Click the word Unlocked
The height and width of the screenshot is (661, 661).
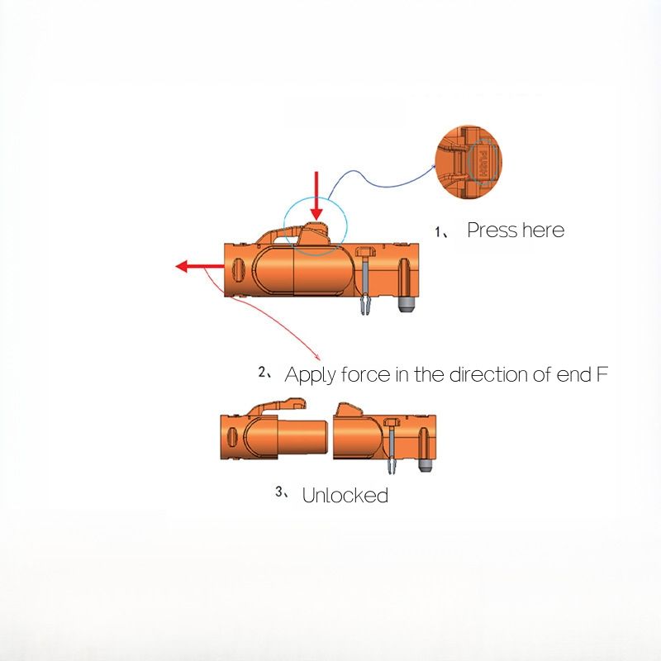(x=345, y=496)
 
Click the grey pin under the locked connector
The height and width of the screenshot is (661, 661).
(x=406, y=305)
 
